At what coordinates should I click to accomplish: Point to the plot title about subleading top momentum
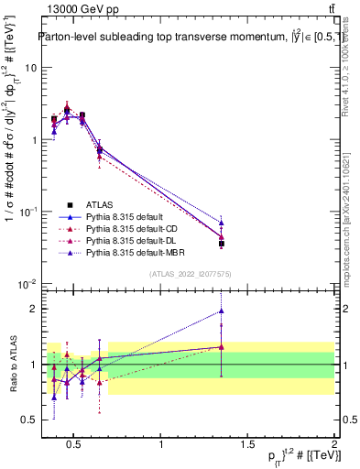click(183, 37)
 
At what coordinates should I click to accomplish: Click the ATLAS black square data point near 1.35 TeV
click(222, 244)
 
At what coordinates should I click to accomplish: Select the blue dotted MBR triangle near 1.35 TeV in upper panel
click(222, 223)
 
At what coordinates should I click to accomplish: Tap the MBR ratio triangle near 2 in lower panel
click(222, 311)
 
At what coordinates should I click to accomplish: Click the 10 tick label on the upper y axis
click(31, 69)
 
